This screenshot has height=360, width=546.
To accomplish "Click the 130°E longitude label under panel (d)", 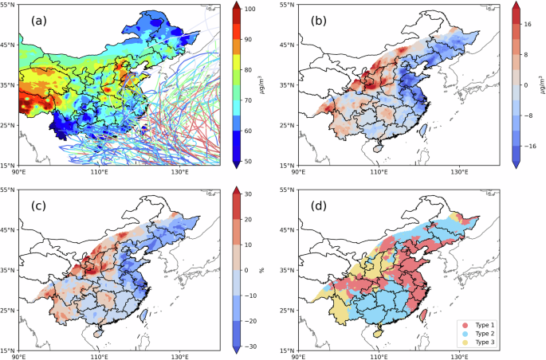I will coord(459,356).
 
